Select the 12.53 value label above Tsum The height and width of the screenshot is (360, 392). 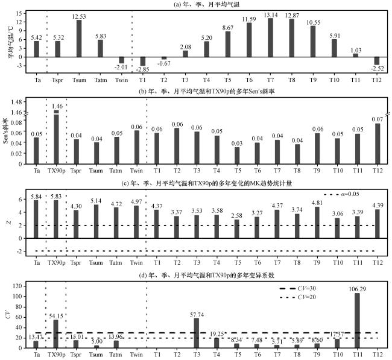click(80, 15)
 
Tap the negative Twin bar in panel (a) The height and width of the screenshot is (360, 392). click(121, 60)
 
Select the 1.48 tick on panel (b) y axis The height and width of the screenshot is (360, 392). click(16, 102)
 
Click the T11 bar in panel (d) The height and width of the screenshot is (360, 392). click(356, 320)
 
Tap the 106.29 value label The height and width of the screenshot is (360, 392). click(356, 287)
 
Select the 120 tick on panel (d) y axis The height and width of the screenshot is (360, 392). click(18, 285)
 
